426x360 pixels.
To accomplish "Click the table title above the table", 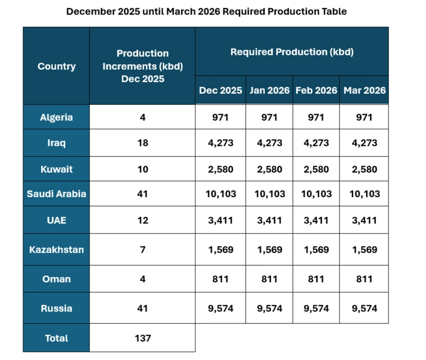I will pyautogui.click(x=206, y=11).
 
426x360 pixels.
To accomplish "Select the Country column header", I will pyautogui.click(x=56, y=66).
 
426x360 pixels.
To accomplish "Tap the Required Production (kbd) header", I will pyautogui.click(x=292, y=52).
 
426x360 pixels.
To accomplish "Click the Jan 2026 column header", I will pyautogui.click(x=269, y=90).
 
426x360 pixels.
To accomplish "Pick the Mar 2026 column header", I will pyautogui.click(x=364, y=90).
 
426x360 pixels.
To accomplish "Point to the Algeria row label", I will pyautogui.click(x=56, y=117).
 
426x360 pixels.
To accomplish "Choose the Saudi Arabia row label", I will pyautogui.click(x=56, y=194).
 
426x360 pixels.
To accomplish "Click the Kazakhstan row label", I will pyautogui.click(x=56, y=249).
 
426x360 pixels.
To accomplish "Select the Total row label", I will pyautogui.click(x=56, y=338).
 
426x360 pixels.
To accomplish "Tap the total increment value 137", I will pyautogui.click(x=142, y=338).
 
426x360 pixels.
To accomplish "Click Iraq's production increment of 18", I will pyautogui.click(x=142, y=143).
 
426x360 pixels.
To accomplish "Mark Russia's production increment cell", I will pyautogui.click(x=142, y=308).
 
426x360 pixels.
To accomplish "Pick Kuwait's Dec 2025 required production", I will pyautogui.click(x=221, y=169).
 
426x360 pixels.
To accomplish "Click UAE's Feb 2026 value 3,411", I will pyautogui.click(x=316, y=220).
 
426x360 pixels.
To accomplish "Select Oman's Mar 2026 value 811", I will pyautogui.click(x=364, y=279).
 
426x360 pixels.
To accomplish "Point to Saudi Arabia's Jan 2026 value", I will pyautogui.click(x=269, y=194).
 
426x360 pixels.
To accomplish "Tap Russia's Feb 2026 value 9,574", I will pyautogui.click(x=316, y=308).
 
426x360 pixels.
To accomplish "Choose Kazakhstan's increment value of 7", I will pyautogui.click(x=142, y=249).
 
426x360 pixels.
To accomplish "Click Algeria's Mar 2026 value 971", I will pyautogui.click(x=364, y=117).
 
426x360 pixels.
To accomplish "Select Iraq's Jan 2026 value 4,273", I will pyautogui.click(x=269, y=143).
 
